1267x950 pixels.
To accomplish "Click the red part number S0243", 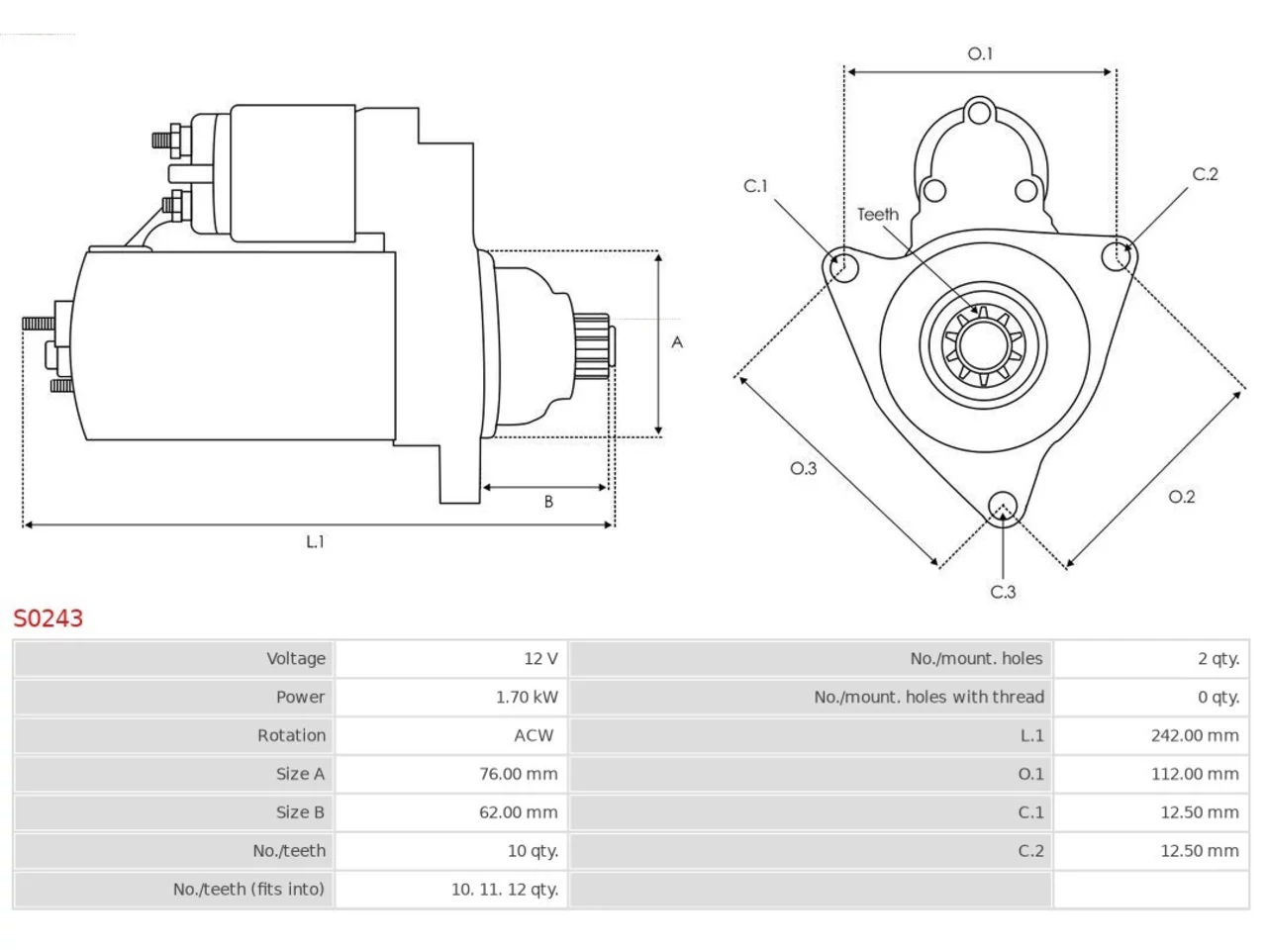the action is click(x=49, y=618).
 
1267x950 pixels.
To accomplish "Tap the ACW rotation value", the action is click(x=534, y=735).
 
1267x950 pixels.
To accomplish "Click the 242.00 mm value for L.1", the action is click(x=1195, y=735).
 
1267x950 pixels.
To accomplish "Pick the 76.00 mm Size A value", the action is click(x=518, y=774).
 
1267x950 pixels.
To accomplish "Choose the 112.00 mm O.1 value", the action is click(x=1195, y=774).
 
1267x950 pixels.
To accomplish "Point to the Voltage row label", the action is click(x=296, y=659).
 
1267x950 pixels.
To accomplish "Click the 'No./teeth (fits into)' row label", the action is click(x=248, y=890).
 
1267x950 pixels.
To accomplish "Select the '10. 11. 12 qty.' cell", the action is click(x=505, y=890).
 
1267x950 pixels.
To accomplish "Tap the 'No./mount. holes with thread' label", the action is click(x=928, y=698).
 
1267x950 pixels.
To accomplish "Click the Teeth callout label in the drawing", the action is click(x=877, y=215).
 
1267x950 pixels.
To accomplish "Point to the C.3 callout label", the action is click(x=1003, y=592).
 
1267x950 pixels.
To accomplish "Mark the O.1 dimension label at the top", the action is click(x=980, y=53).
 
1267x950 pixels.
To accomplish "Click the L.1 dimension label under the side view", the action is click(x=315, y=541).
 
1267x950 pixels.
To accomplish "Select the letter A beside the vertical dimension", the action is click(x=677, y=342).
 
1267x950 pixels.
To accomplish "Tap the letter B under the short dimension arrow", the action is click(x=548, y=502).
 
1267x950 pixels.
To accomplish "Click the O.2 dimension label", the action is click(x=1181, y=497).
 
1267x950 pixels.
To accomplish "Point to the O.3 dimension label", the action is click(x=803, y=468).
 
